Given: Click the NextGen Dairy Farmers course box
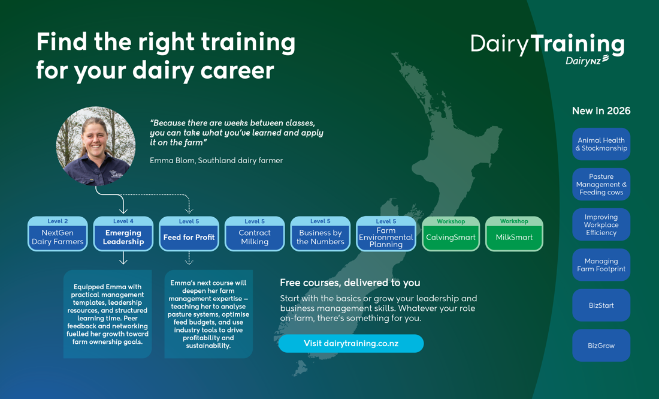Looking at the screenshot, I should [58, 236].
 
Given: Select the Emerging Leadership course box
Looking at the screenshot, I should [123, 236].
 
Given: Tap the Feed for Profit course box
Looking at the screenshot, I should [189, 237].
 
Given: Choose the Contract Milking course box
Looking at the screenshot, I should [255, 236].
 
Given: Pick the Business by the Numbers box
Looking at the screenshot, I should [321, 236].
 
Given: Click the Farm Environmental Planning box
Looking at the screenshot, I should [386, 237].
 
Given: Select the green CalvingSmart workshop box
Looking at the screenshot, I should [451, 237].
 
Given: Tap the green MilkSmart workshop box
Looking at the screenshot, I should [514, 237].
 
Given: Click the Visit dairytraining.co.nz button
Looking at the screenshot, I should [351, 344].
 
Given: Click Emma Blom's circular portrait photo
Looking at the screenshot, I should [96, 146].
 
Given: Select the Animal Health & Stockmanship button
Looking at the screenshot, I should [601, 144].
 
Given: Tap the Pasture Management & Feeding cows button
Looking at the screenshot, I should [601, 184].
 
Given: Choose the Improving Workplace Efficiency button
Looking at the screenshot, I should [601, 224].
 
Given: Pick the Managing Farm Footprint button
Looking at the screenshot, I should [601, 265].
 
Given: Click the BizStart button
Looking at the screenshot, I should [601, 305].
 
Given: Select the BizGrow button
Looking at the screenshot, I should [601, 346].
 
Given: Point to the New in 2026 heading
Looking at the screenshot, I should [601, 111].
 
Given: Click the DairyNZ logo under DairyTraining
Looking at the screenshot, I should [587, 60].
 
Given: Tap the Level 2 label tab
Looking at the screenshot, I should [58, 221].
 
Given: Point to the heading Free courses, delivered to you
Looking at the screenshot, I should [350, 283].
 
